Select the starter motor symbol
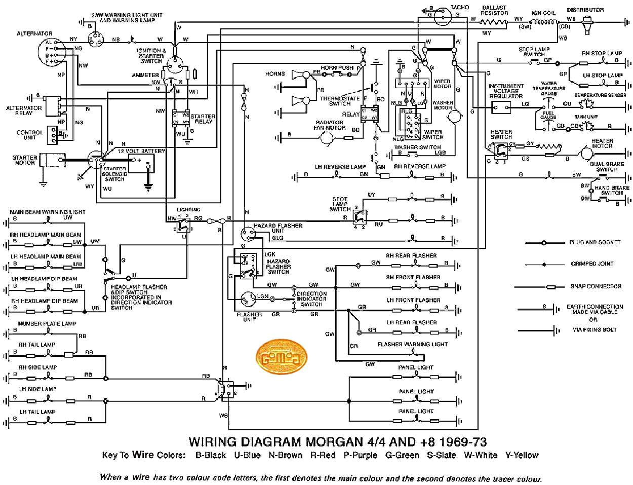tap(53, 161)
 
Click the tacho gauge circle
tap(444, 15)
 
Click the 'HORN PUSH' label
tap(337, 67)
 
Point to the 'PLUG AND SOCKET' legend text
tap(595, 242)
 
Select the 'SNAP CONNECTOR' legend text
tap(596, 286)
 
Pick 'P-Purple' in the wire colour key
tap(360, 455)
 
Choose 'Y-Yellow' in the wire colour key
tap(522, 455)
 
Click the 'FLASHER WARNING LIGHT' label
tap(412, 344)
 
